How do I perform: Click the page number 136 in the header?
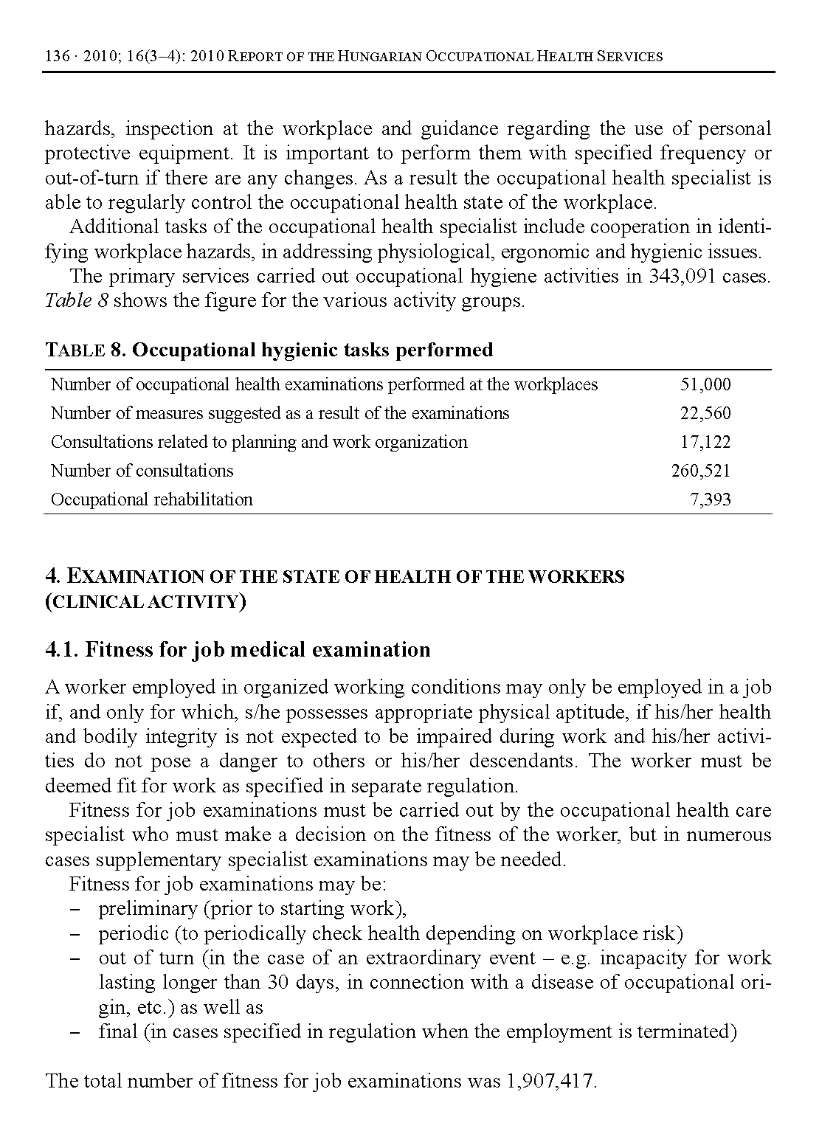click(x=57, y=57)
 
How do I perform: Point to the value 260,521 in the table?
click(x=700, y=471)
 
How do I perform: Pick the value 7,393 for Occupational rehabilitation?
click(x=710, y=499)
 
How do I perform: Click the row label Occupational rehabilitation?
click(x=151, y=499)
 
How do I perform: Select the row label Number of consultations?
click(x=142, y=471)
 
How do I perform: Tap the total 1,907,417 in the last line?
click(x=552, y=1082)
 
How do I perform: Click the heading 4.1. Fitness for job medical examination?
click(x=238, y=650)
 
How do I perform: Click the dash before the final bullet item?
click(x=74, y=1032)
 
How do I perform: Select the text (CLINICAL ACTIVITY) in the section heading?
click(x=145, y=602)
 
